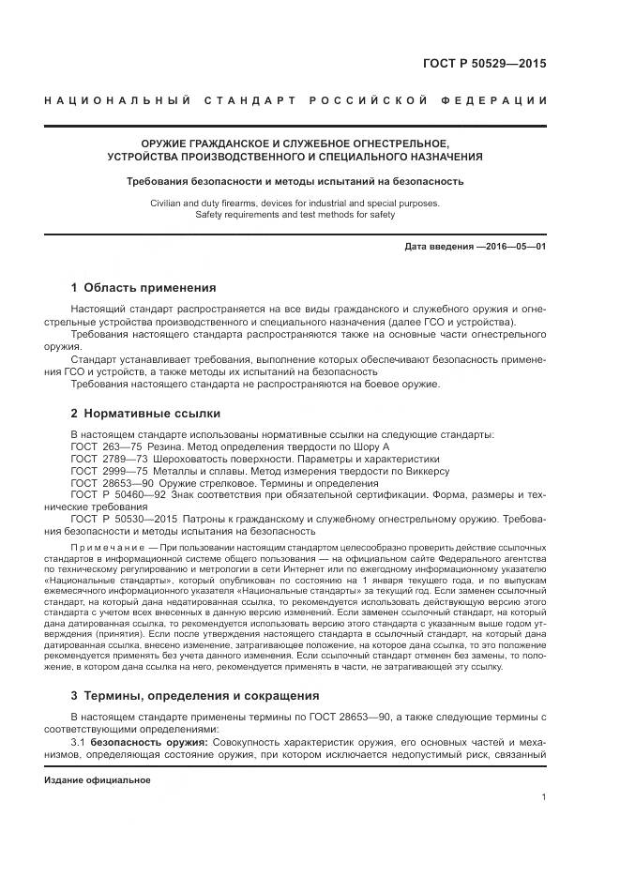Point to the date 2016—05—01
pyautogui.click(x=514, y=246)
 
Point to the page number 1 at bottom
pyautogui.click(x=543, y=797)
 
